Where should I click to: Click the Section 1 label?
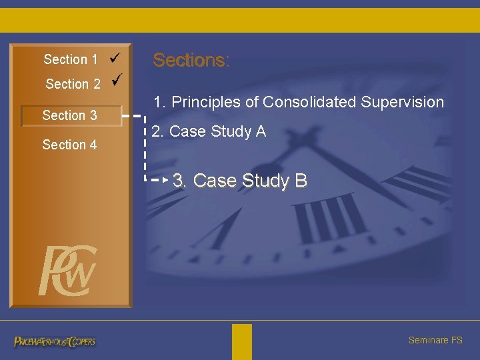coord(70,59)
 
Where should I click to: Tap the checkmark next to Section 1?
coord(113,58)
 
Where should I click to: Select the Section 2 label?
coord(73,84)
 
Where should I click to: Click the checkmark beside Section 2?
coord(117,81)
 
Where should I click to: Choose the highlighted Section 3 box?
coord(71,115)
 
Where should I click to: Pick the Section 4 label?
coord(69,145)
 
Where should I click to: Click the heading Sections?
coord(191,60)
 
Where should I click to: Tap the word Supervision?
coord(403,102)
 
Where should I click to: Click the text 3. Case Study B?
coord(239,181)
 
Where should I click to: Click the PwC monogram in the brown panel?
coord(67,271)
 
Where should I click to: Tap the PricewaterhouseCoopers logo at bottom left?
coord(55,341)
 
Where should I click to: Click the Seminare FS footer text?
coord(435,340)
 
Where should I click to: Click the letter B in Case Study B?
coord(301,181)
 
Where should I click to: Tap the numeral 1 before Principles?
coord(158,102)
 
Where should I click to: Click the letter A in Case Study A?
coord(260,131)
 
